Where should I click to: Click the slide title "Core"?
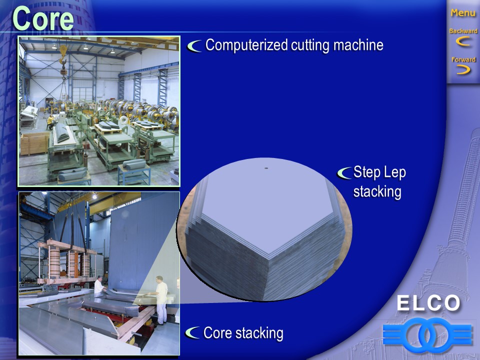pos(43,18)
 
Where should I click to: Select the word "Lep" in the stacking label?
pos(394,172)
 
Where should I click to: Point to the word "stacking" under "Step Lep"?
pos(377,192)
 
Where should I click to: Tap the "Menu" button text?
pos(463,13)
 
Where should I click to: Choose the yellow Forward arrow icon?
pos(463,70)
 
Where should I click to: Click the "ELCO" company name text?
pos(428,303)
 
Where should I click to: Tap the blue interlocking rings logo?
pos(427,335)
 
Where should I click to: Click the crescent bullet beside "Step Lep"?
pos(344,173)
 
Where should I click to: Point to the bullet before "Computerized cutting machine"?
pos(194,46)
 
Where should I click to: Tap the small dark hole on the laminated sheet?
pos(266,168)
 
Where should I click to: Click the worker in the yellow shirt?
pos(50,121)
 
